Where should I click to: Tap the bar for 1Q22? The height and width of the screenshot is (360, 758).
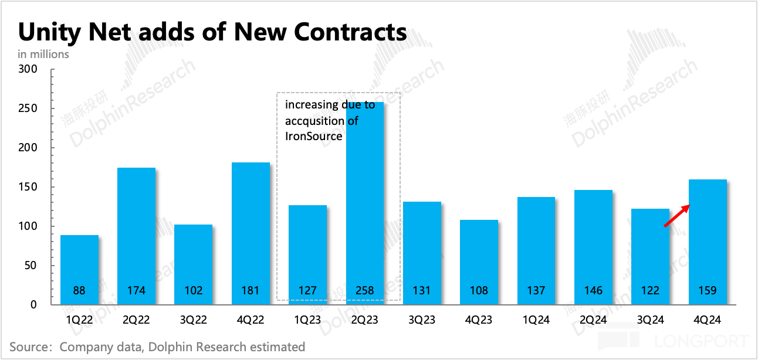[79, 270]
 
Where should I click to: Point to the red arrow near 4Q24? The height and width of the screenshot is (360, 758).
[676, 216]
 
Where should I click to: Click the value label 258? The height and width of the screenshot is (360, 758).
[364, 290]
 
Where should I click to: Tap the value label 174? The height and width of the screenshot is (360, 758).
[136, 290]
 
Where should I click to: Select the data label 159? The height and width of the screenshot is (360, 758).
[707, 290]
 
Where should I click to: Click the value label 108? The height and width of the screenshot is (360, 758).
[479, 290]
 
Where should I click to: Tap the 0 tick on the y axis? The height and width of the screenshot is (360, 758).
[34, 305]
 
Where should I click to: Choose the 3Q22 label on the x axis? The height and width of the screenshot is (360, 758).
[193, 320]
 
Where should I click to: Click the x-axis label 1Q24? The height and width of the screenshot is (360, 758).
[536, 320]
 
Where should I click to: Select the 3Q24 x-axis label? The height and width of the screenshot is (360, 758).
[650, 320]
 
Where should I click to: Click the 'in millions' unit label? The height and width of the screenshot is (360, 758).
[43, 54]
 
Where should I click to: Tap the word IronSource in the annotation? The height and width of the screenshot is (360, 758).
[314, 136]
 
